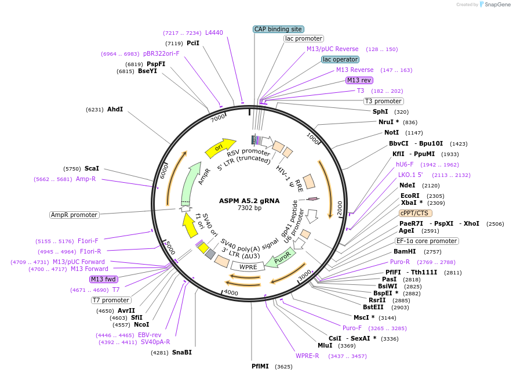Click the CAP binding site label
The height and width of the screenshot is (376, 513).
pos(279,29)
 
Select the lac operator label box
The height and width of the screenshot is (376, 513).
pos(340,59)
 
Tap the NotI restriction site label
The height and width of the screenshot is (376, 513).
pos(392,133)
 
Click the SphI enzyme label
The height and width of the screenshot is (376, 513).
pos(380,111)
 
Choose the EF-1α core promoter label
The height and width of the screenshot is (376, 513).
pos(427,241)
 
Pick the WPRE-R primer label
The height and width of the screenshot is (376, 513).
pos(307,356)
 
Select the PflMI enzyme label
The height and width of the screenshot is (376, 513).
pos(260,366)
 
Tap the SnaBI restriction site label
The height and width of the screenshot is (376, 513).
pos(182,352)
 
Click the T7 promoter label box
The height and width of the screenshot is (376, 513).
pos(111,300)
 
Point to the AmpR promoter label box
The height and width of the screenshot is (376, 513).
pos(74,215)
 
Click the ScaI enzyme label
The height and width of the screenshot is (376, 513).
pos(92,168)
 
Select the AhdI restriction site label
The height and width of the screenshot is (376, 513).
pos(115,109)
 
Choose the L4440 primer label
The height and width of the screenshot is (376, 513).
pos(214,33)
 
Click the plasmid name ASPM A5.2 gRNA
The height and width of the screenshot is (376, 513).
pos(249,201)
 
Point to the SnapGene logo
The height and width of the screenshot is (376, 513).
pos(493,5)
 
